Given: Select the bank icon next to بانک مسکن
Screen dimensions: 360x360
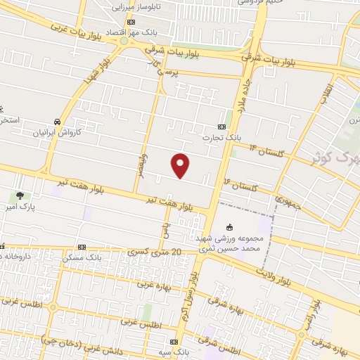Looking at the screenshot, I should pos(82,247).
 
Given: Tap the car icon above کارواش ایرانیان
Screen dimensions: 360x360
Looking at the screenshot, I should pos(56,121).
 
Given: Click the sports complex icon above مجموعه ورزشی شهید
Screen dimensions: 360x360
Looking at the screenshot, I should pos(229,226).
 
